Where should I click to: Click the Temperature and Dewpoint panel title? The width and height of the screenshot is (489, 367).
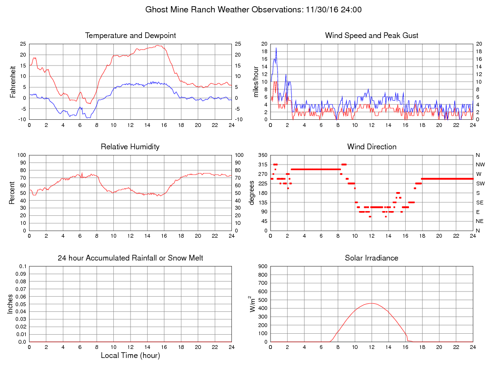coord(130,36)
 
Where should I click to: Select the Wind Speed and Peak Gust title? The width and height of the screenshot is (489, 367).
coord(372,36)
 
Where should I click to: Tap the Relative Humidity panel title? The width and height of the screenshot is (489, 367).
coord(130,147)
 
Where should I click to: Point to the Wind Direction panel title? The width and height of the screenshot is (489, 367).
coord(372,147)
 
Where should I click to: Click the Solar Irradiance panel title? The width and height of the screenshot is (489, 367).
coord(372,258)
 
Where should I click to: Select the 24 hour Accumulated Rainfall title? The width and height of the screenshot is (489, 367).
coord(130,258)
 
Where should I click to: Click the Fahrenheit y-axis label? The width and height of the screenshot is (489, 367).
coord(13,82)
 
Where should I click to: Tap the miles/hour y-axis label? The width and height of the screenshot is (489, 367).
coord(256,82)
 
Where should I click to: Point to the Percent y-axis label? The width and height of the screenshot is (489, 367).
coord(13,193)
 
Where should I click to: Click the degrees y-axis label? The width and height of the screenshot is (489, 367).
coord(252,193)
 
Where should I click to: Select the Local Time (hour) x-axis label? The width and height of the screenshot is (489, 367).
coord(130,356)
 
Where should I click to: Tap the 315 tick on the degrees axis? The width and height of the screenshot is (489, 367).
coord(263,164)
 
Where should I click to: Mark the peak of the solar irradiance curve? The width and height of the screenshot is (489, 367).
coord(372,303)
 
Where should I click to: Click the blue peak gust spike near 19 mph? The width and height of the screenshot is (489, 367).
coord(276,48)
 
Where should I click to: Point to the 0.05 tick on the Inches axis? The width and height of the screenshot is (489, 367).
coord(20,304)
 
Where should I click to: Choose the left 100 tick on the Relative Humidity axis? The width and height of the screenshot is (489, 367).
coord(22,155)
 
